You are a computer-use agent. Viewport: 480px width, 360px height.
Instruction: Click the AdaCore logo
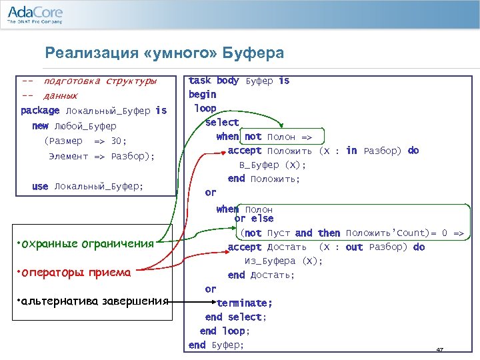coord(35,15)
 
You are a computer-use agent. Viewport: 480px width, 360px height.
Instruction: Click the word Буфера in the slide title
coord(256,53)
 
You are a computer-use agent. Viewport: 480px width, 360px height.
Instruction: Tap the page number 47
coord(439,350)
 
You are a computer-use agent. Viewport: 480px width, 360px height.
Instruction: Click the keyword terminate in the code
coord(245,303)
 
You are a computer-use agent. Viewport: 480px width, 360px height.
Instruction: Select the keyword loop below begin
coord(205,108)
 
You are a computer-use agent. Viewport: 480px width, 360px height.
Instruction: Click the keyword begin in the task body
coord(203,94)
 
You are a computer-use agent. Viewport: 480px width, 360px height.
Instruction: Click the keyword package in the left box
coord(40,111)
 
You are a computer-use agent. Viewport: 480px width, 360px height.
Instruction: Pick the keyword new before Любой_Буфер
coord(40,126)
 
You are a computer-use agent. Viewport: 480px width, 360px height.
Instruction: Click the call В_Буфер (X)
coord(273,165)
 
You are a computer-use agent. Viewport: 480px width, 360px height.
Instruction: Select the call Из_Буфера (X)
coord(283,261)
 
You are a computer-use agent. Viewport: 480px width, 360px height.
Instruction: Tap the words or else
coord(254,219)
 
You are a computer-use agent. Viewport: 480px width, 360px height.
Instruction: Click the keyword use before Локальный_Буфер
coord(40,187)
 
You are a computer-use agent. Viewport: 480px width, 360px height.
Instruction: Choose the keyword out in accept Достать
coord(354,247)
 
